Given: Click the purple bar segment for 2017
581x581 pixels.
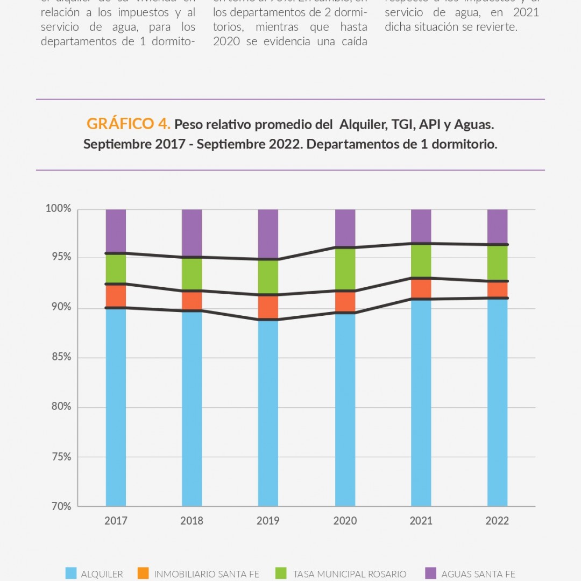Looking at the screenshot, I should click(116, 230).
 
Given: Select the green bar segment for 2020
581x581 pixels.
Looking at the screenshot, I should click(345, 269).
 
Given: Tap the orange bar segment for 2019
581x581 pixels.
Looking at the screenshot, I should click(268, 307).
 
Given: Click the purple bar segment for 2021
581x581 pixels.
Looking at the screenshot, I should click(421, 226).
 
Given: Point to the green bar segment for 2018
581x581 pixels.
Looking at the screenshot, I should click(192, 274).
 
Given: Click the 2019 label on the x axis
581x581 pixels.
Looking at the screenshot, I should click(268, 521).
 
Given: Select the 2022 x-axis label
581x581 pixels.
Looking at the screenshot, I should click(497, 521).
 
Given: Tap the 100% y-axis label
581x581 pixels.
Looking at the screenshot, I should click(59, 209).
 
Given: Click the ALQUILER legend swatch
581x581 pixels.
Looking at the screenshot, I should click(71, 573).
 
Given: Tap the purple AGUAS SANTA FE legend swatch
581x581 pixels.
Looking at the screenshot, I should click(430, 573).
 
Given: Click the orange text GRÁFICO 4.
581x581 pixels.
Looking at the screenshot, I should click(129, 124).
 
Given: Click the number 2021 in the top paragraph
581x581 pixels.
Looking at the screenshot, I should click(526, 13).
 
